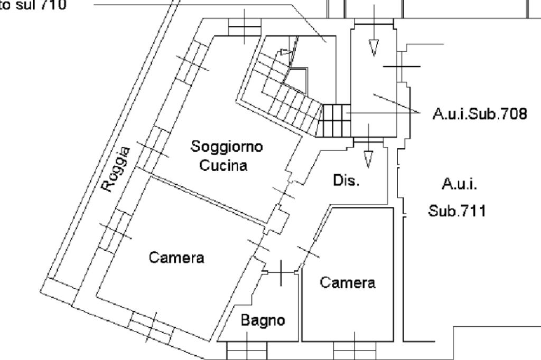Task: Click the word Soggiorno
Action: tap(227, 146)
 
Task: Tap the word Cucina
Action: tap(223, 165)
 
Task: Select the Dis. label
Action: tap(346, 181)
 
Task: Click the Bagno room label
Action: tap(263, 320)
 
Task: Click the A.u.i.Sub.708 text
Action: tap(479, 113)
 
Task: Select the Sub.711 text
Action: tap(457, 211)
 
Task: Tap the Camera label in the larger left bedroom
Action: tap(176, 258)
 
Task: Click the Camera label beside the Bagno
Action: tap(348, 282)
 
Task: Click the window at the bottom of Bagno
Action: tap(247, 350)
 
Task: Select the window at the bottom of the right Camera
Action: tap(355, 349)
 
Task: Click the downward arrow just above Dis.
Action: tap(368, 157)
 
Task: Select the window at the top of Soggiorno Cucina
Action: tap(244, 27)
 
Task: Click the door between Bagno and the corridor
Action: tap(281, 271)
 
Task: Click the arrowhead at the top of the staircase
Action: tap(286, 52)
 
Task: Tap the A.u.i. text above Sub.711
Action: tap(459, 184)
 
